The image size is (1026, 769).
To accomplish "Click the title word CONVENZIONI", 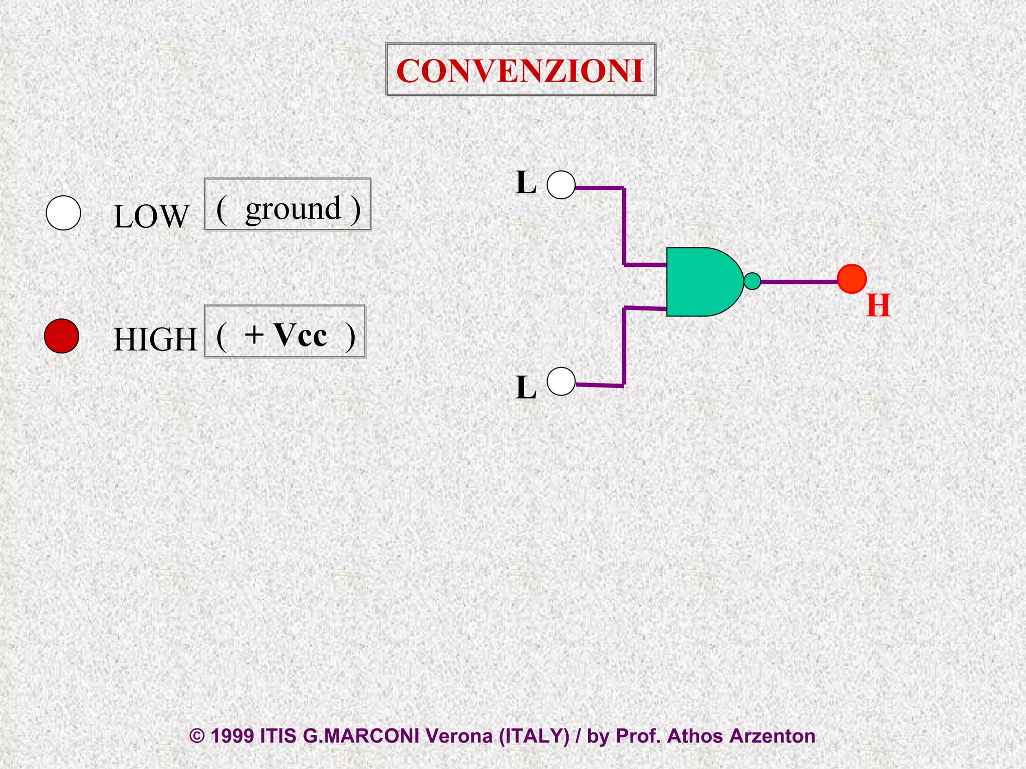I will click(520, 71).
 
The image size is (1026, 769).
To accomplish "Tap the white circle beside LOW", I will click(63, 213).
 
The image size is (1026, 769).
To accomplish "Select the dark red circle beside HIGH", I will click(62, 336).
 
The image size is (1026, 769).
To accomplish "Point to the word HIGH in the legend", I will click(155, 339).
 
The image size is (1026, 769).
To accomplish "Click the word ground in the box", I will click(293, 209).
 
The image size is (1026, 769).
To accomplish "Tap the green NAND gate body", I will click(701, 282).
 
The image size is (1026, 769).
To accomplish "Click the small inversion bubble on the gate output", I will click(752, 281).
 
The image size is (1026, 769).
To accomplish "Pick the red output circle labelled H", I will click(852, 279).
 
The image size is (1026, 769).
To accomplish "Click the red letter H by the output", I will click(879, 305).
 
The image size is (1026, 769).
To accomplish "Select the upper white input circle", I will click(561, 185).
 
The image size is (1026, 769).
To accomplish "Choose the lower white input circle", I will click(561, 381).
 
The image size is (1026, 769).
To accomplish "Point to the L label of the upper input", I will click(526, 183).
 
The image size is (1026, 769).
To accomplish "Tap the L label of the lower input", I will click(526, 388).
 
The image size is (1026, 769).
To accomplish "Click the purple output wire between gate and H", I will click(799, 282).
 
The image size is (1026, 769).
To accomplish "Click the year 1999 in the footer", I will click(232, 736).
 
